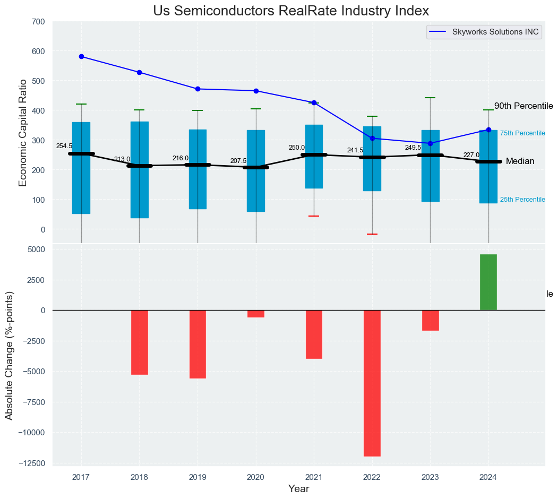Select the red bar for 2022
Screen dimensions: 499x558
coord(372,383)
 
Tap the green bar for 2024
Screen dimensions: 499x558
coord(488,282)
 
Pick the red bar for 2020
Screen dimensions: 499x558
coord(256,314)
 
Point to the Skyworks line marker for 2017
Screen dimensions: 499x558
coord(81,56)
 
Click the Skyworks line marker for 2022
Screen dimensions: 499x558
coord(372,139)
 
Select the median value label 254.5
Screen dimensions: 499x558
coord(64,146)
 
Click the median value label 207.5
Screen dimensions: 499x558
coord(238,161)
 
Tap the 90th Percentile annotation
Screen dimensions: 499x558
coord(523,106)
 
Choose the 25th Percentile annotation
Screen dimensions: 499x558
coord(522,200)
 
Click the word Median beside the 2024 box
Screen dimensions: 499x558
coord(520,161)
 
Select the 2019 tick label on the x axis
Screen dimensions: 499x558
coord(198,477)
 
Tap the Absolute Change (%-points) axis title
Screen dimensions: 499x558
coord(9,356)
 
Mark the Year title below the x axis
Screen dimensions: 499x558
coord(298,489)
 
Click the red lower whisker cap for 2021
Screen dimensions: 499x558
coord(314,216)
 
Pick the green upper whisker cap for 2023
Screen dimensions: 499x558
coord(430,98)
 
